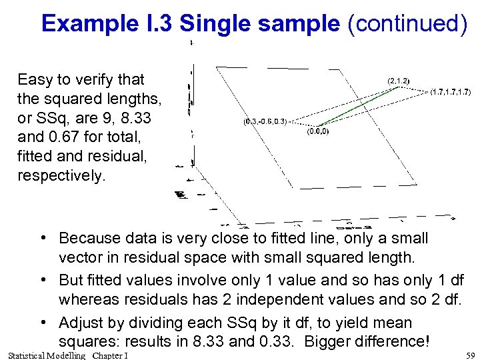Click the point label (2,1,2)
pos(399,81)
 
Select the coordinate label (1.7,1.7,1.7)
pos(451,91)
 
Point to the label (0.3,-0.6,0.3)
pos(265,122)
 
